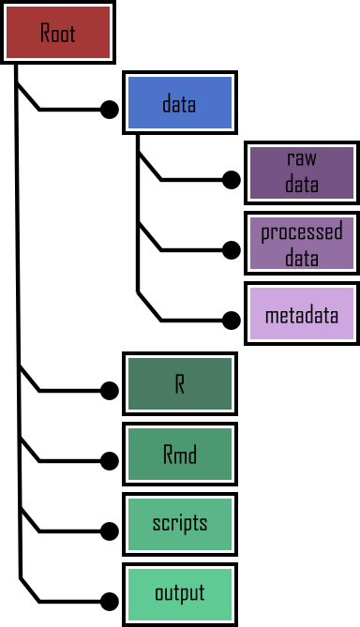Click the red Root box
pyautogui.click(x=57, y=32)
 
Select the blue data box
pyautogui.click(x=179, y=102)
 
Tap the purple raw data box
pyautogui.click(x=302, y=172)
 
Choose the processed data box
pyautogui.click(x=302, y=244)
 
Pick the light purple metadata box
pyautogui.click(x=302, y=314)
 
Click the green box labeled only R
pyautogui.click(x=179, y=384)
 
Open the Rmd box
pyautogui.click(x=179, y=455)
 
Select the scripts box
pyautogui.click(x=179, y=525)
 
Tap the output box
pyautogui.click(x=179, y=595)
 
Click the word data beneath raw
pyautogui.click(x=302, y=185)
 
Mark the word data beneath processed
pyautogui.click(x=302, y=257)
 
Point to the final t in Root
pyautogui.click(x=72, y=33)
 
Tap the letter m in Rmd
pyautogui.click(x=180, y=456)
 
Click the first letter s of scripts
pyautogui.click(x=157, y=524)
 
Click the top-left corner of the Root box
pyautogui.click(x=7, y=7)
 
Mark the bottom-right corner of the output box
pyautogui.click(x=231, y=620)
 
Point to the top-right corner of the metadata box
pyautogui.click(x=353, y=289)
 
